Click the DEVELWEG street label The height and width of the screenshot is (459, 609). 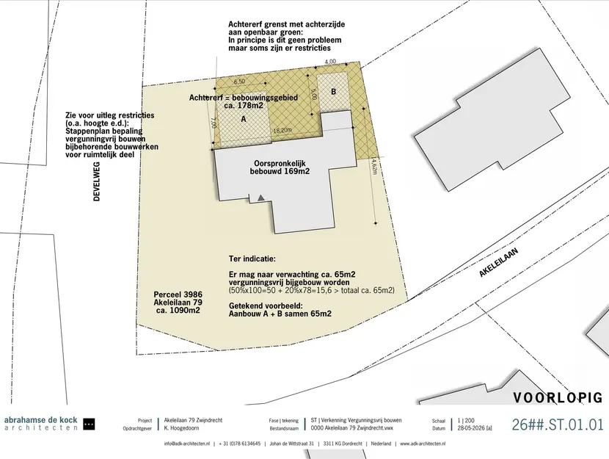point(97,181)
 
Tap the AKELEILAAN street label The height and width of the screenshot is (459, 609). point(499,263)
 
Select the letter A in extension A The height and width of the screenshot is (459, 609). point(244,119)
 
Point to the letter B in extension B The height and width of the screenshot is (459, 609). point(333,92)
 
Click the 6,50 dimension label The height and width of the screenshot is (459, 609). point(239,82)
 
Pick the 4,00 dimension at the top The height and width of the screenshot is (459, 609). point(330,62)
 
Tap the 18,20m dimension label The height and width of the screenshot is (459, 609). point(282,131)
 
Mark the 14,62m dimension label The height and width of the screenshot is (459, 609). point(374,165)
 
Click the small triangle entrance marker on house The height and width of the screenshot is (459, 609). point(261,198)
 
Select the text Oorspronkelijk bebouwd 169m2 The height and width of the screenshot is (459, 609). point(280,167)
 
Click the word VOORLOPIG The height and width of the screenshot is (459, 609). point(558,397)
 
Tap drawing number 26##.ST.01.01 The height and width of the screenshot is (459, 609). point(558,424)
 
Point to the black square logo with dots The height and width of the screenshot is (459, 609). point(90,424)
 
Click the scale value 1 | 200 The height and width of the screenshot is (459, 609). point(466,420)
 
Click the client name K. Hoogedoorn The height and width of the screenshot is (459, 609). point(181,428)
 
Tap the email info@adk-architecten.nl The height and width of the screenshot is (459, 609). point(187,444)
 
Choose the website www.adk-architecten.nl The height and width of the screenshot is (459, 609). point(423,444)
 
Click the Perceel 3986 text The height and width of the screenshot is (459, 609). point(178,294)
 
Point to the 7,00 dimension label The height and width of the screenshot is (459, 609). point(214,123)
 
